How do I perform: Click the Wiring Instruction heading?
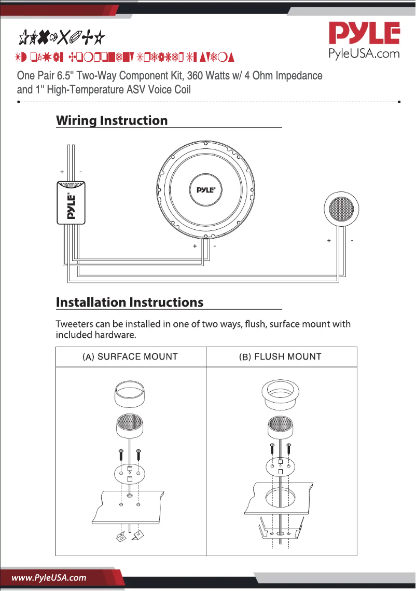pos(112,120)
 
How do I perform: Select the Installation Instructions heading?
pos(129,302)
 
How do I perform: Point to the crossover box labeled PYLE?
pos(71,203)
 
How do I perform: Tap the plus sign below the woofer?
pos(195,246)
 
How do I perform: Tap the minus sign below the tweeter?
pos(352,241)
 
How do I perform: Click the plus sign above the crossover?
pos(62,171)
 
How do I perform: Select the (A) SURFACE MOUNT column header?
pos(130,357)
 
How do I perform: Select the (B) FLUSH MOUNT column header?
pos(280,357)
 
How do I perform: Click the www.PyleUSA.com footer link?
pos(49,578)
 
